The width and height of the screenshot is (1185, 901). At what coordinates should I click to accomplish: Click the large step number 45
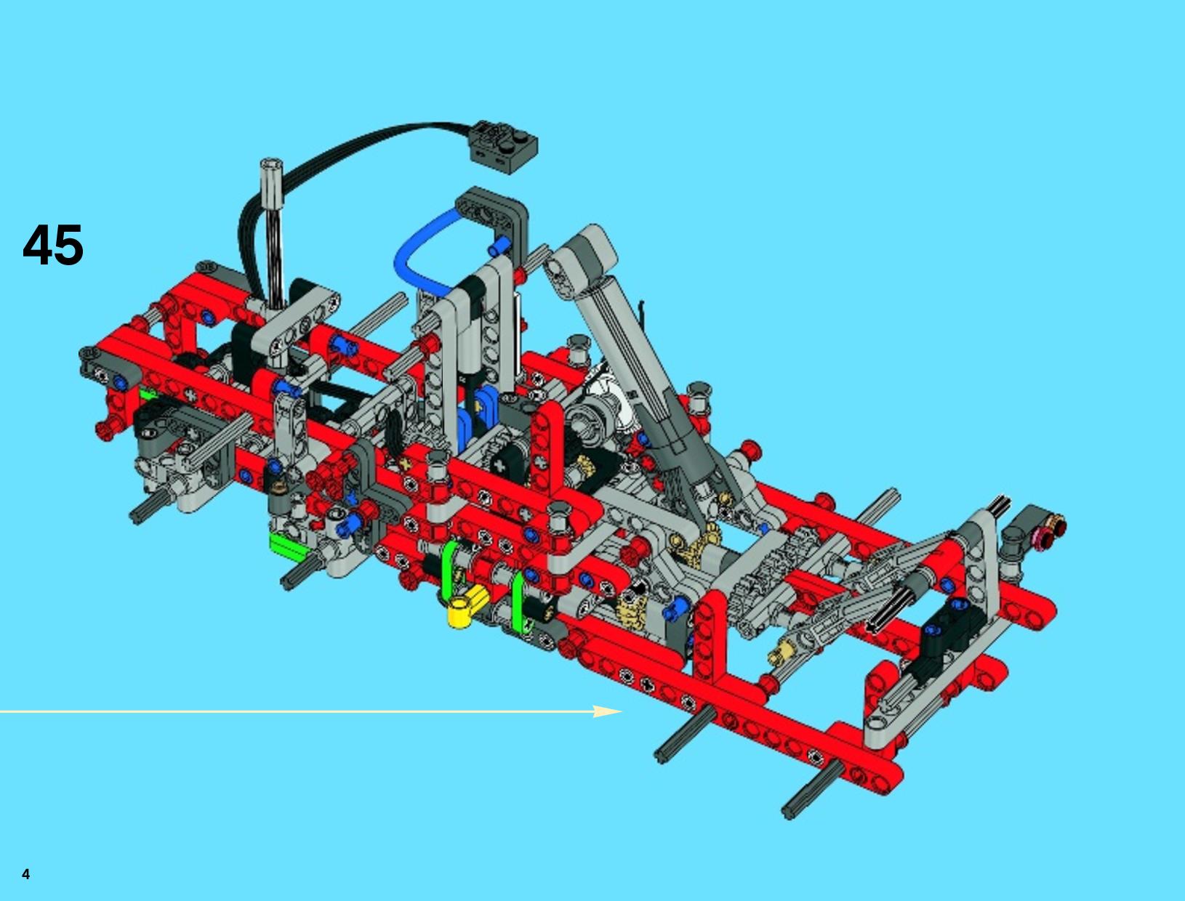(x=53, y=245)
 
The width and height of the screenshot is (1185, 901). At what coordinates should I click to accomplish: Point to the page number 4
(x=26, y=874)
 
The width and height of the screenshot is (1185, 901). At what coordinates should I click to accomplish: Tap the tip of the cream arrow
(x=622, y=711)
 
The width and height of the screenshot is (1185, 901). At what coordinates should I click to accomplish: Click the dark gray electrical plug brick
(x=505, y=145)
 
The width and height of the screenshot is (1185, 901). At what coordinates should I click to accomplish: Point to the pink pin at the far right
(x=1038, y=536)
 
